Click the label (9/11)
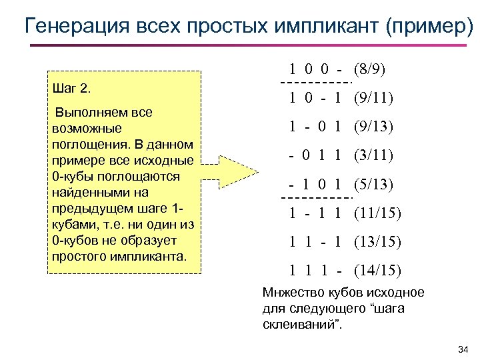coord(373,98)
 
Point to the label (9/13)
coord(373,127)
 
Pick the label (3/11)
coord(373,155)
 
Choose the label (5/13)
coord(373,184)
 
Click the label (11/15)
coord(377,213)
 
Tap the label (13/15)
coord(377,241)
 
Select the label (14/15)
coord(377,270)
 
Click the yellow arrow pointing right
coord(231,172)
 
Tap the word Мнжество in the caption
coord(291,293)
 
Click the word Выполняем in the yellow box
coord(85,113)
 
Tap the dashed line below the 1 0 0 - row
coord(316,83)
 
